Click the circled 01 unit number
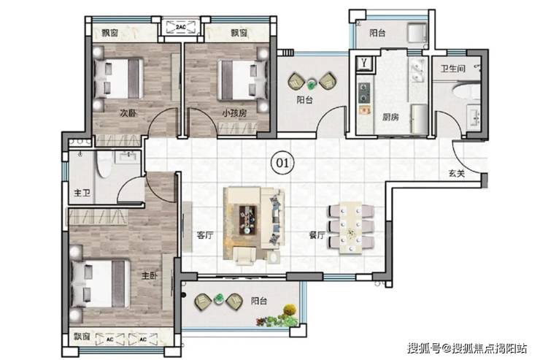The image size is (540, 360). (x=282, y=162)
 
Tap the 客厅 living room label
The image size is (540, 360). (x=204, y=235)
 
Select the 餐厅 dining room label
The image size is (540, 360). (x=317, y=235)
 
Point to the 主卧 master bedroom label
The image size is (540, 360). (x=150, y=275)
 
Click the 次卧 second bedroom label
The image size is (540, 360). (x=128, y=113)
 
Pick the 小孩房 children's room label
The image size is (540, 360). (x=234, y=113)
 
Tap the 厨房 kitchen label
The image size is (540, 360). (x=390, y=117)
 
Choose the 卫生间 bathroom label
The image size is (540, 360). (x=453, y=69)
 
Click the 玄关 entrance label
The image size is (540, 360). (x=457, y=174)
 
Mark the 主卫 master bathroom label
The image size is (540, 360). (x=82, y=193)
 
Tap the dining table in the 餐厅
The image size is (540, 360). (x=350, y=228)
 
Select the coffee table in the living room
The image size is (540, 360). (x=248, y=220)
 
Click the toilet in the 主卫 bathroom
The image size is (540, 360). (x=104, y=165)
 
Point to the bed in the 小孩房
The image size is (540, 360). (x=243, y=80)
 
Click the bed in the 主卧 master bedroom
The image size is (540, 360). (x=101, y=283)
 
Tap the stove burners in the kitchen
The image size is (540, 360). (x=363, y=93)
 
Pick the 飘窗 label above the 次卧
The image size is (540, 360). (x=110, y=33)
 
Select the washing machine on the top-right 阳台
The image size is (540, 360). (x=417, y=32)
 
